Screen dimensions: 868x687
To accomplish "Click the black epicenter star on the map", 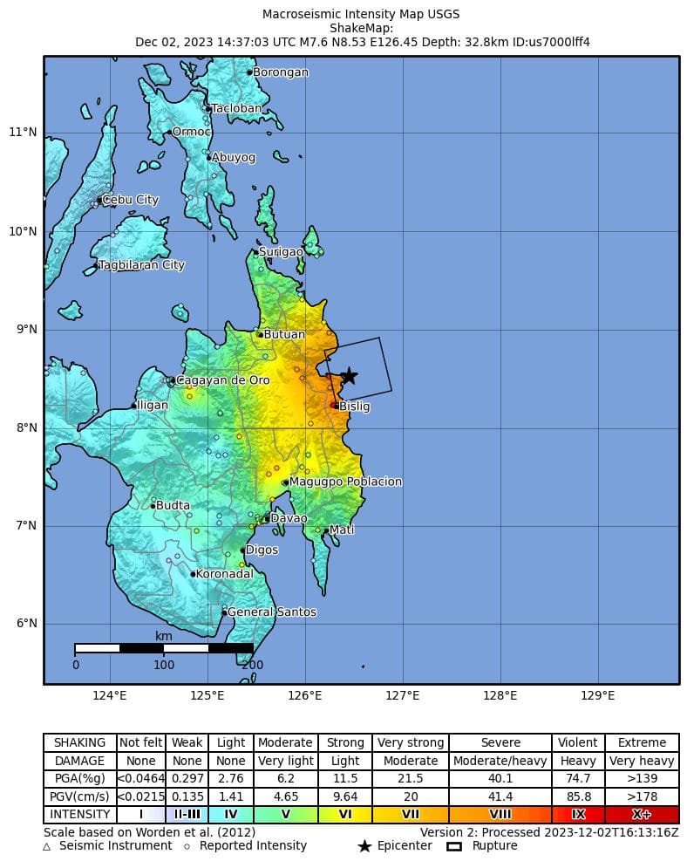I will pos(349,376).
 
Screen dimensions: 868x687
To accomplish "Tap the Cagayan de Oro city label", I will pos(222,380).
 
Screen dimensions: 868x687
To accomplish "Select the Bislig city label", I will pos(354,407).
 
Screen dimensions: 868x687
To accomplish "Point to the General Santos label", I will pos(271,612).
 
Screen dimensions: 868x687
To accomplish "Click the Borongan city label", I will pos(280,72).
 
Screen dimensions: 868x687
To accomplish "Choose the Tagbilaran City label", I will pos(141,265).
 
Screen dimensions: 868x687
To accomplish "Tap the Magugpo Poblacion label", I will pos(345,482).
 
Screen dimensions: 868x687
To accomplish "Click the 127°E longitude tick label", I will pos(403,695).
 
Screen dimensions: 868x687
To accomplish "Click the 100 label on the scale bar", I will pos(164,665).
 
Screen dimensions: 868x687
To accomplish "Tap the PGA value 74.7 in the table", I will pos(578,778).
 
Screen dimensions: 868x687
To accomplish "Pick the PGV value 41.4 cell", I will pos(500,796).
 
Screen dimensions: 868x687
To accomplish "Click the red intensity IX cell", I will pos(578,815).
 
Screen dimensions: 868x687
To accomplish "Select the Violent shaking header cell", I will pos(578,742).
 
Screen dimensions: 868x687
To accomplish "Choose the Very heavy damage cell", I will pos(642,761).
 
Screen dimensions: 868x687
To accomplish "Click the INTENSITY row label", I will pos(80,815).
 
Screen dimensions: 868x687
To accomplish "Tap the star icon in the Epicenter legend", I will pos(364,846).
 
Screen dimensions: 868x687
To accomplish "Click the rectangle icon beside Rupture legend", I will pos(453,846).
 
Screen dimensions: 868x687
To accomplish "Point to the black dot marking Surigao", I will pos(255,252).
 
